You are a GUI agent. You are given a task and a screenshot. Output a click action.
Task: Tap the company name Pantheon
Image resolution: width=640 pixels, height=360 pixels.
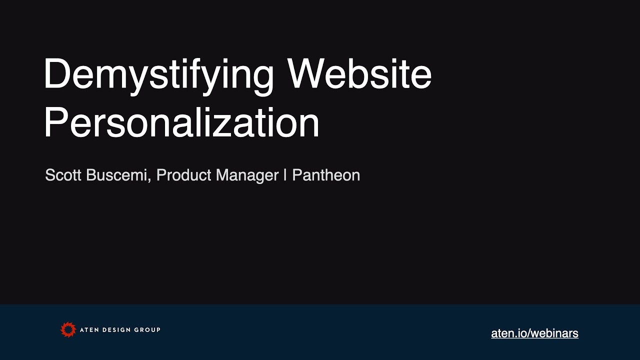point(326,175)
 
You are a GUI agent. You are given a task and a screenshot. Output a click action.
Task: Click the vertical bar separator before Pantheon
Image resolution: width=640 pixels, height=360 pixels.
point(285,175)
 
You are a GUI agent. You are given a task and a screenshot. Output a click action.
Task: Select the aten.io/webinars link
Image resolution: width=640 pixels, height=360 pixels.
point(534,333)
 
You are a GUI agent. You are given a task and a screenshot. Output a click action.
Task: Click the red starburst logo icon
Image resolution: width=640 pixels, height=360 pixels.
point(68,329)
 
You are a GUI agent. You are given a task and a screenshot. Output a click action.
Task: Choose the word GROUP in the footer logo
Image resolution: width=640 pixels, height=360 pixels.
point(148,330)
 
